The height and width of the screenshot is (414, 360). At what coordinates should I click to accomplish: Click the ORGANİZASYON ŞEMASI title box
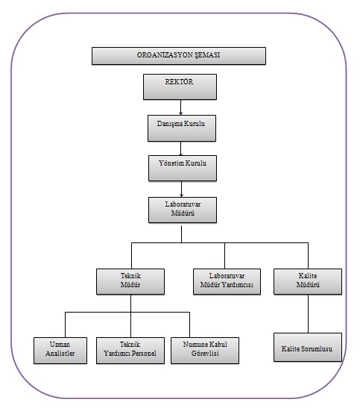click(179, 56)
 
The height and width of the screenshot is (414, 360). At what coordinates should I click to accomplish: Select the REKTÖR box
click(180, 87)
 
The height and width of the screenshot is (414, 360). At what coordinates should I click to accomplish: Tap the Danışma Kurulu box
click(182, 128)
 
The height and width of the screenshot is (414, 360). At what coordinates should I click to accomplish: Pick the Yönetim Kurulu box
click(183, 168)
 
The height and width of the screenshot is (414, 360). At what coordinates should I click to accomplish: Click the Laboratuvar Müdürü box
click(183, 210)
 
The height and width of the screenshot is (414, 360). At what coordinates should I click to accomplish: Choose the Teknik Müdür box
click(130, 281)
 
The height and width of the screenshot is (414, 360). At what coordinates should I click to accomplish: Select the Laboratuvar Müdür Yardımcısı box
click(227, 281)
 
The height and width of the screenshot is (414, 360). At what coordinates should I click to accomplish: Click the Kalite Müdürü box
click(308, 281)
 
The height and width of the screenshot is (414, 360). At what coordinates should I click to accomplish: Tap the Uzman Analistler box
click(60, 351)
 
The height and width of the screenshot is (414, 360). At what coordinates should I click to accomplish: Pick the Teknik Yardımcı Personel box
click(130, 351)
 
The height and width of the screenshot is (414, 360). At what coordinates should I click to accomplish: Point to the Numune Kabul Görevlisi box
click(205, 351)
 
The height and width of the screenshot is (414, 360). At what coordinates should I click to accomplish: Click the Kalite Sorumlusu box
click(308, 347)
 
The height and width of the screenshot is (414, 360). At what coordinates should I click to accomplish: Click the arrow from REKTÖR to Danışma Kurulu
click(180, 107)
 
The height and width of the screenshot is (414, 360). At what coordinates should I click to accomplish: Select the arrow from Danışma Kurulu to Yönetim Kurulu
click(180, 148)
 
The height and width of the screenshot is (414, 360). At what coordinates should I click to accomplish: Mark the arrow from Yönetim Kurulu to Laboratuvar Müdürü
click(181, 189)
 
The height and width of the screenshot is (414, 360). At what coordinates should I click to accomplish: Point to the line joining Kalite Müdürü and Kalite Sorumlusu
click(308, 313)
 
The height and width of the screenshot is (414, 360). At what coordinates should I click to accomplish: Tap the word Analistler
click(60, 354)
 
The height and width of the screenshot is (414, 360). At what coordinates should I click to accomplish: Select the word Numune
click(194, 345)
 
